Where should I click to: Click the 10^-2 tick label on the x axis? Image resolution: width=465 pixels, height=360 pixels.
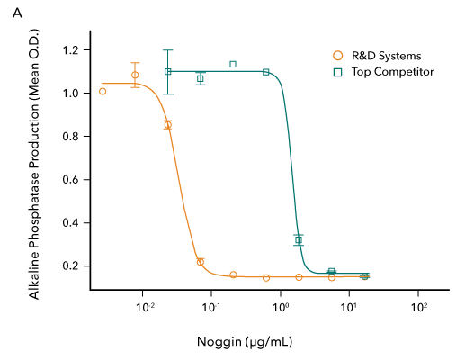(143, 309)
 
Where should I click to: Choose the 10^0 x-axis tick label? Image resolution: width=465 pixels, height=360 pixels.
(281, 309)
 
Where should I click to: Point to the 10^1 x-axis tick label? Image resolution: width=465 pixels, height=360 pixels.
(349, 309)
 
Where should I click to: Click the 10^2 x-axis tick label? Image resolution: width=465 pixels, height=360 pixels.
(418, 309)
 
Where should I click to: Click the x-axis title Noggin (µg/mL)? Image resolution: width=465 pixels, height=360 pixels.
(245, 342)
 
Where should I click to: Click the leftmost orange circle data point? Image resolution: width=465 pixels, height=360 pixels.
(103, 91)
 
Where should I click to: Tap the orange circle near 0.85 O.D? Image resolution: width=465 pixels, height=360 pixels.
(167, 125)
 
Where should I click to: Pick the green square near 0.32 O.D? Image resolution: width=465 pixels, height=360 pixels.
(299, 240)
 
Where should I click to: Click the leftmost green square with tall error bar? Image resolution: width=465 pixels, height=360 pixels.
(167, 72)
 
